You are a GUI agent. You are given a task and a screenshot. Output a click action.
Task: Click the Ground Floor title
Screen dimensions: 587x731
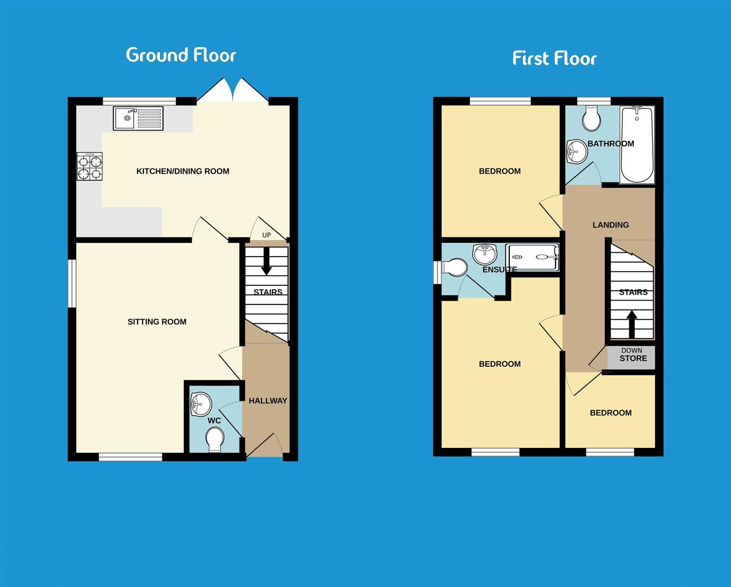point(181,55)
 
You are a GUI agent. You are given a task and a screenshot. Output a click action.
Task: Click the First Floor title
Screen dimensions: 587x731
point(554,58)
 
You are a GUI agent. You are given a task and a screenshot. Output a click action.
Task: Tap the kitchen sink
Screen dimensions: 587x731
point(138,118)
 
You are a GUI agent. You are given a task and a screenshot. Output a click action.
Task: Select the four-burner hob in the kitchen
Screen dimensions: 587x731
point(90,166)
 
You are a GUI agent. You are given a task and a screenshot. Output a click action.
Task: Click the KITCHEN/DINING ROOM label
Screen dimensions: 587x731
point(183,171)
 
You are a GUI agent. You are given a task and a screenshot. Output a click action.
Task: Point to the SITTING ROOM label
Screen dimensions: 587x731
point(157,322)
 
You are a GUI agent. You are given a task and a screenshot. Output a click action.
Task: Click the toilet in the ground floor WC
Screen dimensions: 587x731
point(215,439)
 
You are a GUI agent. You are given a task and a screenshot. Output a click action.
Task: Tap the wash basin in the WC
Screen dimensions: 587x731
point(200,404)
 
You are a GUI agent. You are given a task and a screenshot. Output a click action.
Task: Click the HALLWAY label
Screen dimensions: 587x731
point(267,401)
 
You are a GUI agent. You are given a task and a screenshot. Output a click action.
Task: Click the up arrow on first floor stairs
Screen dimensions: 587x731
point(632,323)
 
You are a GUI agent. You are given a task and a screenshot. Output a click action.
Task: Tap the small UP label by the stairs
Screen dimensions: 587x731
point(266,235)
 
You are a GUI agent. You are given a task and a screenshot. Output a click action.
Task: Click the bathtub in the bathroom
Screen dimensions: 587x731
point(637,144)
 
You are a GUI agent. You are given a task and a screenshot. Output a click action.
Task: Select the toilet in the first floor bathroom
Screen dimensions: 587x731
point(591,117)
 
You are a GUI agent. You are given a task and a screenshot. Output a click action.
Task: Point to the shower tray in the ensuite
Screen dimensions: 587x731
point(533,257)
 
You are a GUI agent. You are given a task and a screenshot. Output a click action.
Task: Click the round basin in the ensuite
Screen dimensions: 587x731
point(485,253)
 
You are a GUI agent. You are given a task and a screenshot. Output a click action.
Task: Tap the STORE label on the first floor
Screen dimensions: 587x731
point(633,358)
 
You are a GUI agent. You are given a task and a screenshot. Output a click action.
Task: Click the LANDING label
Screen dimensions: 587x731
point(610,225)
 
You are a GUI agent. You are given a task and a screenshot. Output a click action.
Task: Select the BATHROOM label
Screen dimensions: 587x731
point(610,144)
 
